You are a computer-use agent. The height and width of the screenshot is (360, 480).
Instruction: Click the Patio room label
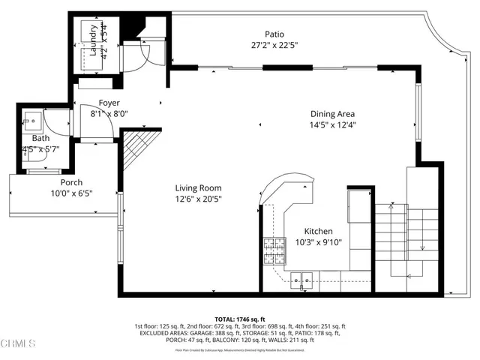coord(274,34)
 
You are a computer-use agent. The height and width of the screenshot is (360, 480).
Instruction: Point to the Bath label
coord(40,139)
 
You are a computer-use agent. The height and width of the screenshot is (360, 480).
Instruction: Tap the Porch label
coord(72,183)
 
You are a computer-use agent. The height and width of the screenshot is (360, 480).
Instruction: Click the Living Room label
coord(198,188)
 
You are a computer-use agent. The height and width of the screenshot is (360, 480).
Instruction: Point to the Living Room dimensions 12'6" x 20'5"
coord(198,199)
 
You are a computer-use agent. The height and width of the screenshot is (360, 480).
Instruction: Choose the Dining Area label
coord(333,114)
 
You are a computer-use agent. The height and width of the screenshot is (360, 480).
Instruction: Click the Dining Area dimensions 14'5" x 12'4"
coord(333,124)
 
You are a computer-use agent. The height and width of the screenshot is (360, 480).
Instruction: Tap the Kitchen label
coord(318,232)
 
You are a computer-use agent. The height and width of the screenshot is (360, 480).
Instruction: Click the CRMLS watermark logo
coord(18,345)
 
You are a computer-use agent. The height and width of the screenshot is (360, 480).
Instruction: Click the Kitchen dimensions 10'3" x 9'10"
coord(318,243)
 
